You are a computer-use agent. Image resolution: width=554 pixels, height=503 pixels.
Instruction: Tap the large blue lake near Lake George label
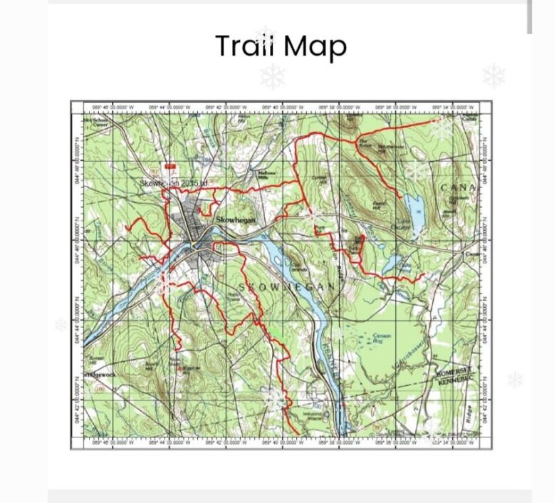coord(415,207)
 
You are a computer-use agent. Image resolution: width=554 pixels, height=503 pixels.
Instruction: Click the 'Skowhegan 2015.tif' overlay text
coord(174,183)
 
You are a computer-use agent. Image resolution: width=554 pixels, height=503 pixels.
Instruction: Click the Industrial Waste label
coord(313,416)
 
